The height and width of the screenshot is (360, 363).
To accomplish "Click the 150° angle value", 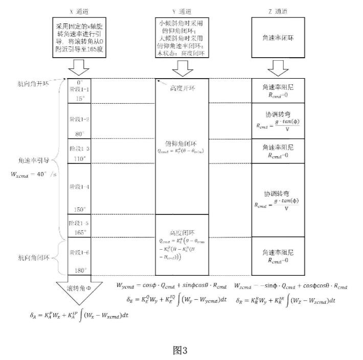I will click(79, 209).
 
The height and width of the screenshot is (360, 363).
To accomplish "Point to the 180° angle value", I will click(79, 270).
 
